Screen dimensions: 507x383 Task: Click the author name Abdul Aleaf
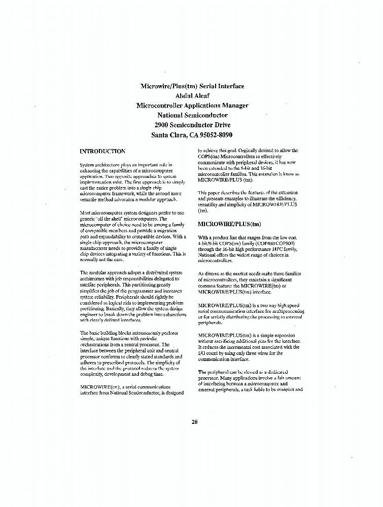tap(192, 96)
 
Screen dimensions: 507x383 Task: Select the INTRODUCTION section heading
tap(102, 151)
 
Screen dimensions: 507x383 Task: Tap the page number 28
tap(195, 422)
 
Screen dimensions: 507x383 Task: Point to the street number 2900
tap(164, 125)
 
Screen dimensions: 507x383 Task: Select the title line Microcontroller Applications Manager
tap(192, 105)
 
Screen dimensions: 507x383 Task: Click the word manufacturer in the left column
tap(98, 248)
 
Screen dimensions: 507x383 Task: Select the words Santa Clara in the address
tap(169, 135)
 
